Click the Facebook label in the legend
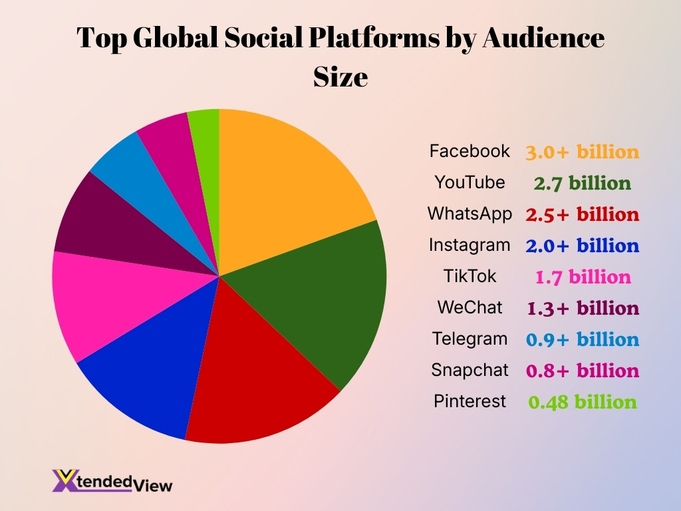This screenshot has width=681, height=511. [470, 151]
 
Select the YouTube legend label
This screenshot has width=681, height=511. [470, 182]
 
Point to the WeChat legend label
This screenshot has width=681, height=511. [470, 307]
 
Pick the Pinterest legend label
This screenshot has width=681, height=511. [470, 401]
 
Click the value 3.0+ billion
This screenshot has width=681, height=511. [582, 152]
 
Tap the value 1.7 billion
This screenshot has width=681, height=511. [583, 277]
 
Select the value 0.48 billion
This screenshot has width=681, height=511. [582, 402]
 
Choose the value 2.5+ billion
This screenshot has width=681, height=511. [582, 214]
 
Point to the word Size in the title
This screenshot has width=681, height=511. [340, 77]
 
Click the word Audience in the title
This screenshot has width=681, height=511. [543, 39]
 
